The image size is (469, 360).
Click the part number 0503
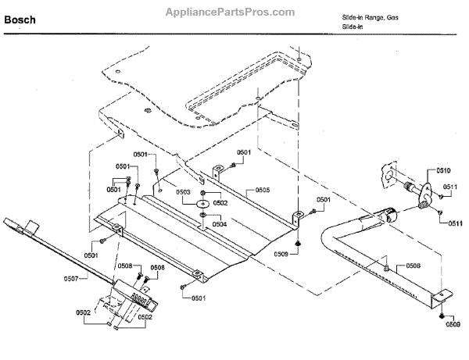(183, 192)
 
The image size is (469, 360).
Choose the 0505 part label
(262, 190)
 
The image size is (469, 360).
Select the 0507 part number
(72, 278)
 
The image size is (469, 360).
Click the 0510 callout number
(443, 170)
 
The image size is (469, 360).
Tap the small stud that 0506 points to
(386, 268)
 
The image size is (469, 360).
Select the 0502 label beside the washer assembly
(221, 202)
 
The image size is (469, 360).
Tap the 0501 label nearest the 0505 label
(244, 152)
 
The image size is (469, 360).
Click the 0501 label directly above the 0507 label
(91, 255)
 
